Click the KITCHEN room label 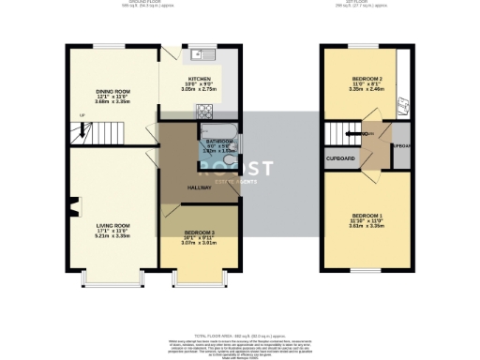[201, 79]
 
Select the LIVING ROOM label [112, 225]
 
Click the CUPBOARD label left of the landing [339, 158]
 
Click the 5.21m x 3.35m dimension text [112, 236]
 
